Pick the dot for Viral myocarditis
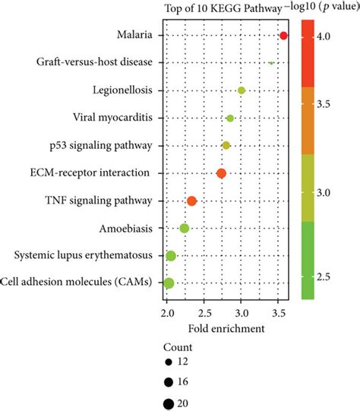(x=230, y=118)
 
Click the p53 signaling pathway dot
(x=226, y=145)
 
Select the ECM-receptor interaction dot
(x=221, y=173)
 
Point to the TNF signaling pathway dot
(x=191, y=201)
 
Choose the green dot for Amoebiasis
(x=184, y=228)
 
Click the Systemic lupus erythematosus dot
(x=171, y=256)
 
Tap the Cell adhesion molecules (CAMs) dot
(x=169, y=283)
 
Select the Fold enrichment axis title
(x=226, y=328)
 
